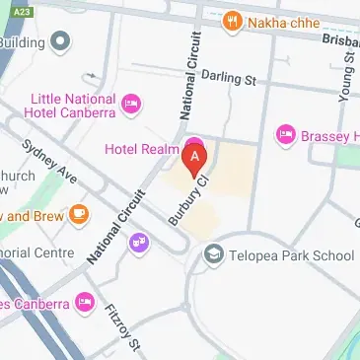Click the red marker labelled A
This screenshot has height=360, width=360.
pyautogui.click(x=196, y=156)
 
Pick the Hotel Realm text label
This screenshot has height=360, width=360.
pyautogui.click(x=139, y=148)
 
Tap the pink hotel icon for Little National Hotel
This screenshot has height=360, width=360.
pyautogui.click(x=130, y=104)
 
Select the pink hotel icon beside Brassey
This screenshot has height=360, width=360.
pyautogui.click(x=286, y=132)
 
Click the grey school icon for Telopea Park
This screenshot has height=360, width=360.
pyautogui.click(x=212, y=256)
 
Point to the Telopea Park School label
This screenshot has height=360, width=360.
pyautogui.click(x=291, y=256)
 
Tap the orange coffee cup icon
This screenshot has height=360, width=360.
pyautogui.click(x=78, y=214)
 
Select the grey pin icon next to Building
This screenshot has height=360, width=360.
pyautogui.click(x=61, y=41)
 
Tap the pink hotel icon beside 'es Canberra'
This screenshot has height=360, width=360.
pyautogui.click(x=86, y=301)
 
